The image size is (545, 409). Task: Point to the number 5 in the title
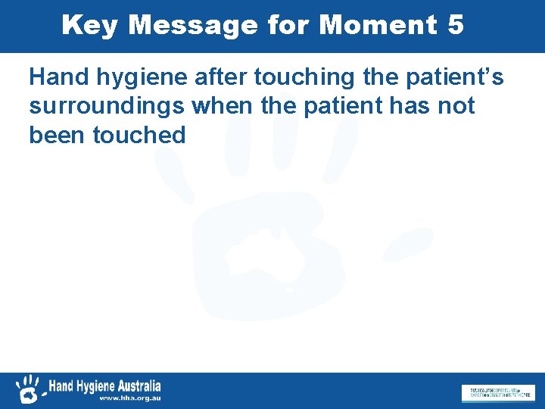click(455, 26)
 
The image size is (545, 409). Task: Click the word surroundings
click(107, 107)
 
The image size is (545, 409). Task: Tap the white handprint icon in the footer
click(29, 389)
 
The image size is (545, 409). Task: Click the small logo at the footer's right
click(497, 393)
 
